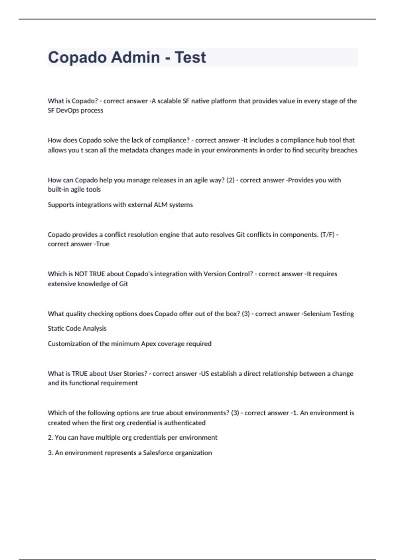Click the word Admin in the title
(x=135, y=57)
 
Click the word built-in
(x=58, y=189)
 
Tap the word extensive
(x=62, y=284)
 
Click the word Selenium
(x=317, y=314)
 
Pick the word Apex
(x=148, y=344)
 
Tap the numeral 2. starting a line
(x=50, y=437)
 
